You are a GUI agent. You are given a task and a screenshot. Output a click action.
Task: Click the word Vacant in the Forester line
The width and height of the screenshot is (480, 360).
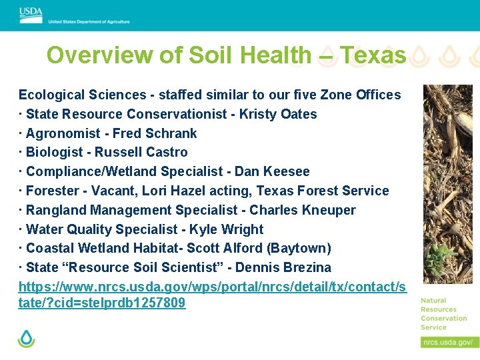(x=111, y=191)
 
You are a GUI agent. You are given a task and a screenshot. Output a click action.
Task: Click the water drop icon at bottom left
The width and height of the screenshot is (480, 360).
(x=27, y=339)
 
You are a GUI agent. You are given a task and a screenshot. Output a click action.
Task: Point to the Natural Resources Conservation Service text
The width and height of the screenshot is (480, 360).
(x=443, y=313)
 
